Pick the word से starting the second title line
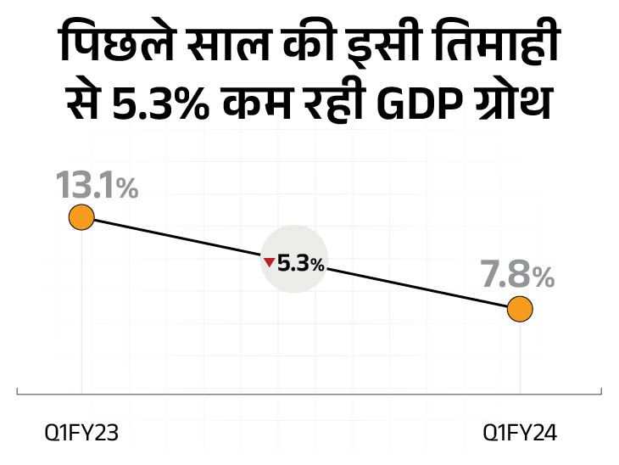click(86, 108)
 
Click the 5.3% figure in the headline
click(166, 108)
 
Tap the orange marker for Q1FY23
click(81, 217)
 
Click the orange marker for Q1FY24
click(520, 310)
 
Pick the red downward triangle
click(269, 263)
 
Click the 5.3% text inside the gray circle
click(300, 264)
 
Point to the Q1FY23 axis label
click(81, 434)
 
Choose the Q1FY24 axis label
click(520, 434)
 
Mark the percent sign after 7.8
click(543, 277)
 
